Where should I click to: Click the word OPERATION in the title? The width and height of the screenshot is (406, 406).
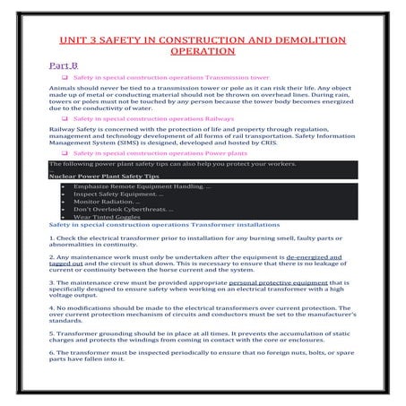coord(203,51)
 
